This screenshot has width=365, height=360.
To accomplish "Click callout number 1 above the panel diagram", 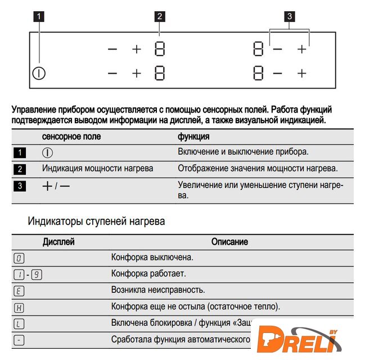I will pos(39,16).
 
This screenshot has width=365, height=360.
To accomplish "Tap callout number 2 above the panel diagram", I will pos(160,16).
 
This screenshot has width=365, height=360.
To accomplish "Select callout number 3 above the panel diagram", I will pos(289,16).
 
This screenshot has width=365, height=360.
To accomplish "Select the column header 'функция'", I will pos(194,137).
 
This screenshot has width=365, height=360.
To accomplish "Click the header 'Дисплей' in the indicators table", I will pos(58,242).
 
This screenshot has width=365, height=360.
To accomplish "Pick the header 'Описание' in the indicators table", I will pos(229,242).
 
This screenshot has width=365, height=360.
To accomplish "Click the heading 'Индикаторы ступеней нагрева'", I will pos(96,222).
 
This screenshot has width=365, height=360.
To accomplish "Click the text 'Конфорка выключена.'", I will pos(152,258).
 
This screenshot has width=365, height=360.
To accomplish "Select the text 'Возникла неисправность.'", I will pos(158,290).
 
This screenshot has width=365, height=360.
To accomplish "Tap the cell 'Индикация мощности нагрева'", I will pos(97,168).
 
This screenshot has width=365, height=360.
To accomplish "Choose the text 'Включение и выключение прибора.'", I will pos(244,152).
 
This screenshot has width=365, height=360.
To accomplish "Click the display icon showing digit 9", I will pos(38,274).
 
